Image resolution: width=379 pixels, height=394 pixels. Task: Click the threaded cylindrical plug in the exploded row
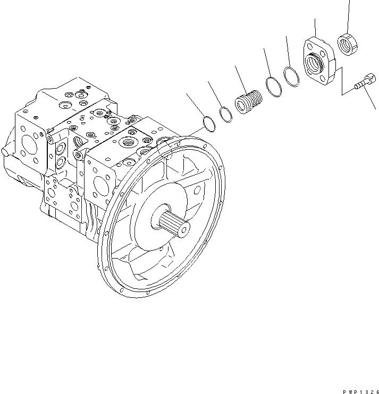(x=249, y=102)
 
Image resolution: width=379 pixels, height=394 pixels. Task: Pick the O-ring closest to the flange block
(x=291, y=77)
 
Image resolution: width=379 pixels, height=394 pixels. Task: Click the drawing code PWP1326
(x=355, y=389)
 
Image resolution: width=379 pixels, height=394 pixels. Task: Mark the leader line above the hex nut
(x=349, y=16)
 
